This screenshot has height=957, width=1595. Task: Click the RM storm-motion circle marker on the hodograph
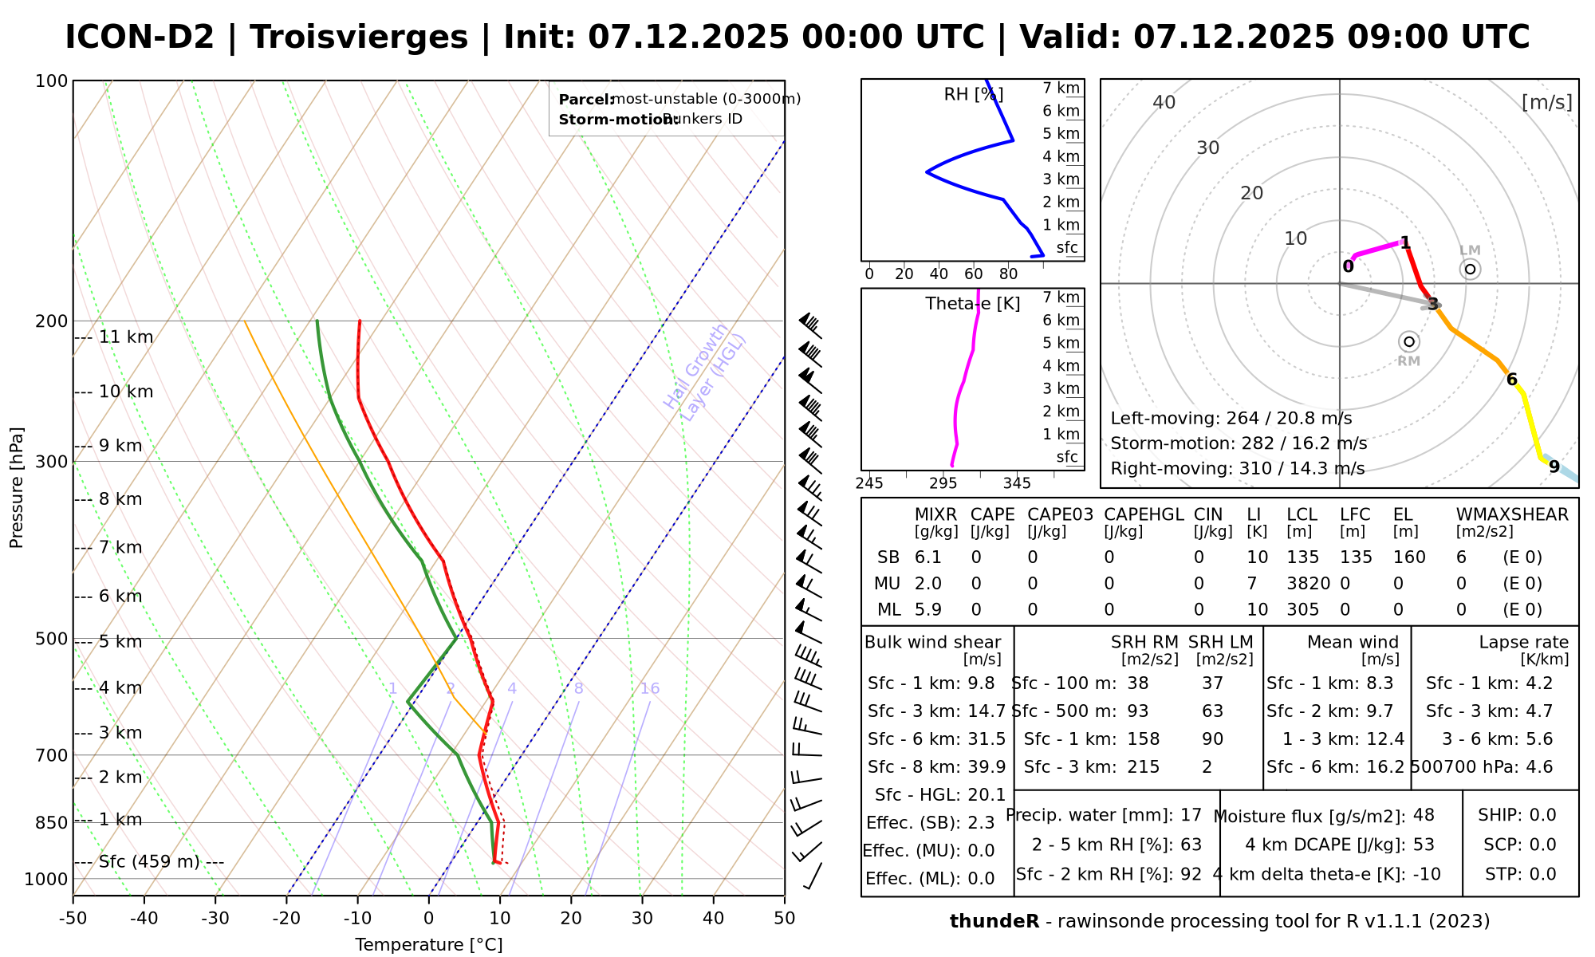(x=1409, y=342)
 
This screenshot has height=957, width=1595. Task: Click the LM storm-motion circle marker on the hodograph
(x=1470, y=270)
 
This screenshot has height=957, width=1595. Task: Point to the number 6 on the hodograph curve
(x=1511, y=380)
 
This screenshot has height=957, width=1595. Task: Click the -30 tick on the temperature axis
(x=215, y=919)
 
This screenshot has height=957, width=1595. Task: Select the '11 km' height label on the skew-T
(x=126, y=337)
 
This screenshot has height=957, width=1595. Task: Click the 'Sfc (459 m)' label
(x=150, y=862)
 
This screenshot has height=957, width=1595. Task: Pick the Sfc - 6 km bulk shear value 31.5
(x=986, y=739)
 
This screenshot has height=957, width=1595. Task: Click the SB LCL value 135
(x=1303, y=557)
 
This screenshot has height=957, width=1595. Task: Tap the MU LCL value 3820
(x=1308, y=584)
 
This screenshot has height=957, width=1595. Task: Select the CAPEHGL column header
(x=1144, y=515)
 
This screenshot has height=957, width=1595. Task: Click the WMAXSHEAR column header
(x=1512, y=515)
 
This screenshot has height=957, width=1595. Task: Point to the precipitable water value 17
(x=1191, y=816)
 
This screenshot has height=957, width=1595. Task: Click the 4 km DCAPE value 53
(x=1424, y=845)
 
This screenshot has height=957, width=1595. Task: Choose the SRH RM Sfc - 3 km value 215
(x=1144, y=767)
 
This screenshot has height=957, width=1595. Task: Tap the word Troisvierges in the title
(x=359, y=37)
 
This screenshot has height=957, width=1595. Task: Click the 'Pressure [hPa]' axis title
(x=17, y=487)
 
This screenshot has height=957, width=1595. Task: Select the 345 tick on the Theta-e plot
(x=1017, y=484)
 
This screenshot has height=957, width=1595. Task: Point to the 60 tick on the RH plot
(x=974, y=274)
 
